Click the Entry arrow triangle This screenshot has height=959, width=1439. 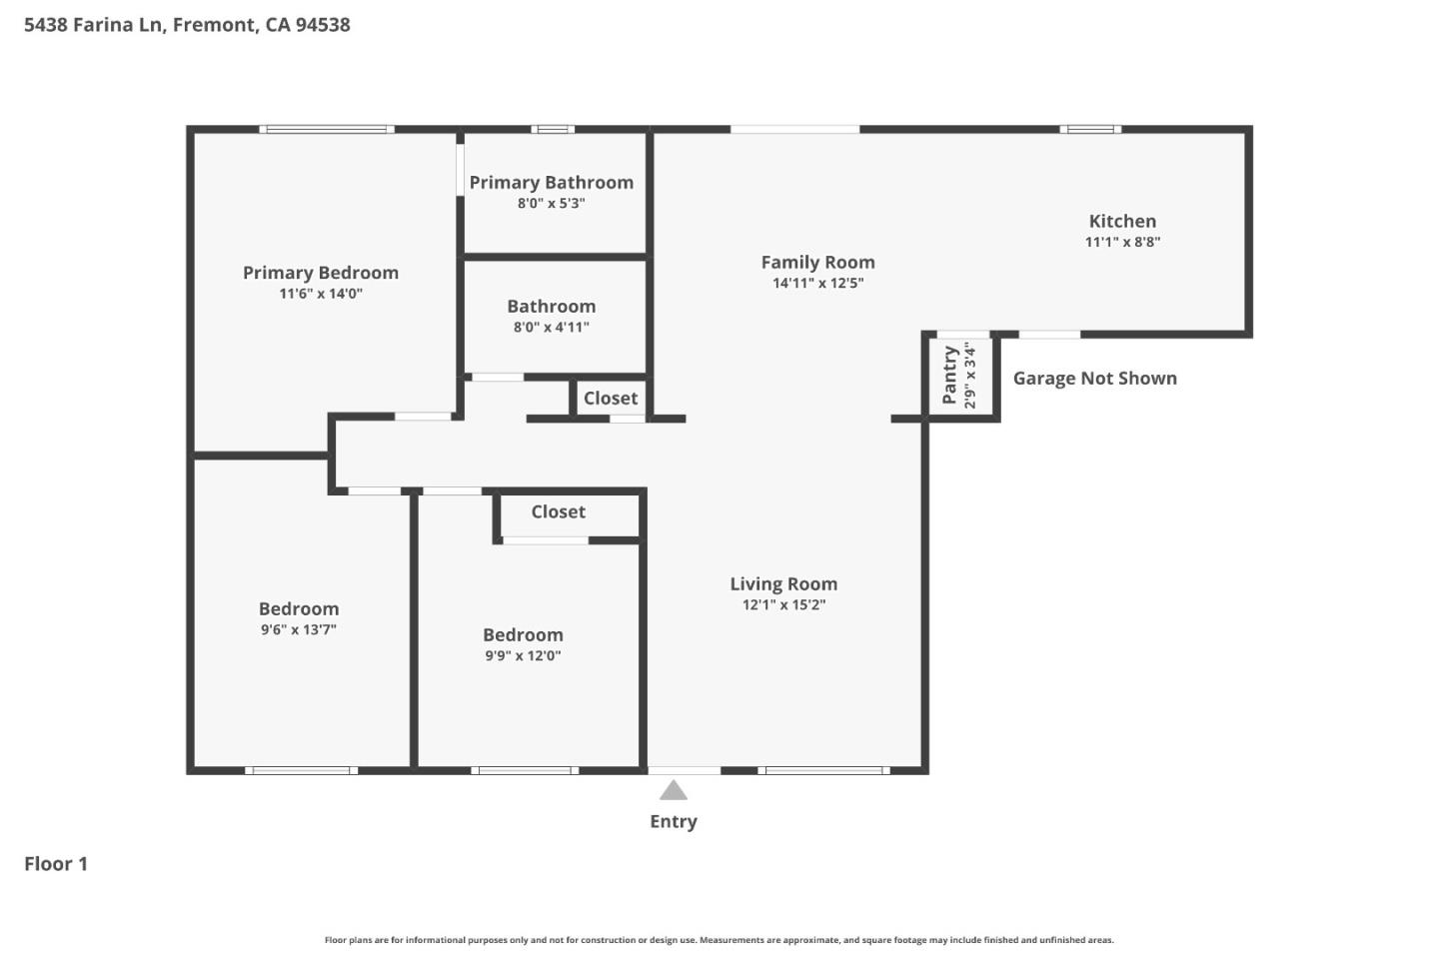[x=674, y=791]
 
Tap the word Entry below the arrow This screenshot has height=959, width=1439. [x=674, y=821]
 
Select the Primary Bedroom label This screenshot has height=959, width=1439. [x=321, y=273]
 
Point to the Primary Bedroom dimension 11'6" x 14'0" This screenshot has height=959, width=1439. [x=321, y=294]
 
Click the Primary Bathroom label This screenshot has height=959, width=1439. [x=552, y=183]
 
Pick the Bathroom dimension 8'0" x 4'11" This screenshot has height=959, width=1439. [x=552, y=327]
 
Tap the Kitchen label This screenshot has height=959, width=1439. [x=1122, y=222]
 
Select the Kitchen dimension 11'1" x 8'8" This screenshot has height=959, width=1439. [x=1122, y=242]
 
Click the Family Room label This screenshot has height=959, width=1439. [x=817, y=263]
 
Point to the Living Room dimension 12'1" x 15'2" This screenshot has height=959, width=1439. [x=783, y=604]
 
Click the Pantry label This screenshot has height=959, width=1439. [x=950, y=375]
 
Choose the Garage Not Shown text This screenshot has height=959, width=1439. [x=1094, y=379]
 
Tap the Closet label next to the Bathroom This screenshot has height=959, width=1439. [x=611, y=399]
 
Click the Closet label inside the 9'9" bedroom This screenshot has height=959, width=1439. [x=559, y=512]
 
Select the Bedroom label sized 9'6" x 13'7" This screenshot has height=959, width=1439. [x=299, y=609]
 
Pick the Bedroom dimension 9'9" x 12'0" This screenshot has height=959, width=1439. [x=523, y=656]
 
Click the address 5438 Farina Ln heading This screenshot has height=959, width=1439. [x=187, y=25]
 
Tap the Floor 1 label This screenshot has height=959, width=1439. [x=56, y=864]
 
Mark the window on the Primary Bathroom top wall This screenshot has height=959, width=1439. [x=553, y=129]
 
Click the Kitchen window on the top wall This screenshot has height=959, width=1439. [x=1090, y=129]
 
